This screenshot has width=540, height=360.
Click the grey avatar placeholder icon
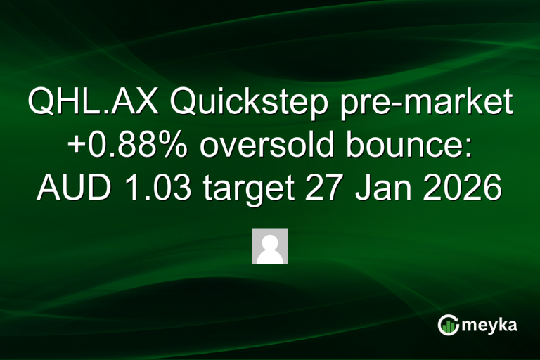coord(270,246)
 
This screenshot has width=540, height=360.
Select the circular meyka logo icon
coord(449,324)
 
